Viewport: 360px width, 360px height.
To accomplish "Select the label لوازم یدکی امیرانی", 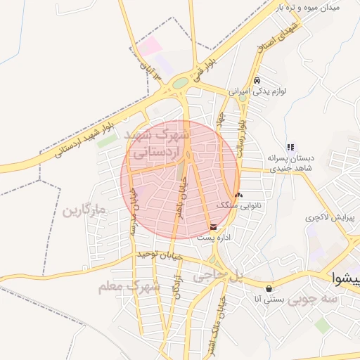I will [258, 91].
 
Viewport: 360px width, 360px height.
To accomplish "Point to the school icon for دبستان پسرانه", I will [290, 147].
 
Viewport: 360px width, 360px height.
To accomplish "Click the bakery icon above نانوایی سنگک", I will [238, 195].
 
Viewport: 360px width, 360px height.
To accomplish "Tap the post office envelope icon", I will [213, 226].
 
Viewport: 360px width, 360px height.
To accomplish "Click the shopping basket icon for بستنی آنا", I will [269, 288].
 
